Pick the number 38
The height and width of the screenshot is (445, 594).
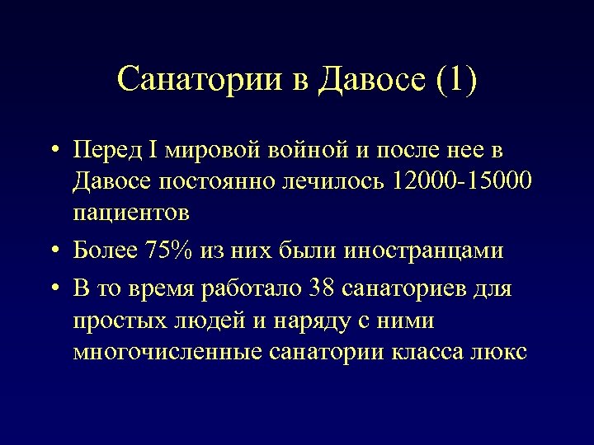click(321, 289)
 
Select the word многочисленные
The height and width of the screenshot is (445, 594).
click(168, 351)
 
